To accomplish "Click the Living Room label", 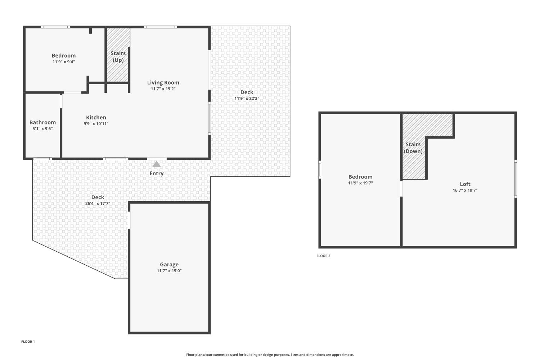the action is tap(163, 82).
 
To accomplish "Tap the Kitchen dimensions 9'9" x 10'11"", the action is tap(96, 124).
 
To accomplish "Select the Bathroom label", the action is tap(42, 122).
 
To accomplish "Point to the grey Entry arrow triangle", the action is tap(157, 164).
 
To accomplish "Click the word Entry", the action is tap(157, 174).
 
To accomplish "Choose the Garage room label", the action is tap(169, 264).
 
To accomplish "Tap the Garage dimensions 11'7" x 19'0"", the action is tap(169, 271).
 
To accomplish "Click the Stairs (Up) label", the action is tap(118, 57).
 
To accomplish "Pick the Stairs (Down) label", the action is tap(413, 148).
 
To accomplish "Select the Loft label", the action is tap(465, 184).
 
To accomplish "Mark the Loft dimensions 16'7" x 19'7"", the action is tap(465, 190).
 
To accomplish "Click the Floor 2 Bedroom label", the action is tap(360, 177).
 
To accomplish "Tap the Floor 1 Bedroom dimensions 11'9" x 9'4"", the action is tap(64, 62).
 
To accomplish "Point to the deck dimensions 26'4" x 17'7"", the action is tap(98, 203).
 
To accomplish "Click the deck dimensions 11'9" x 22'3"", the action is tap(247, 98).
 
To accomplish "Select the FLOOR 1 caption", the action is tap(28, 341).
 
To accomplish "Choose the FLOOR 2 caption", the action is tap(323, 256).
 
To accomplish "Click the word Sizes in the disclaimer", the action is tap(294, 355).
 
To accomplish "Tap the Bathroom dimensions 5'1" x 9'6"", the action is tap(42, 129).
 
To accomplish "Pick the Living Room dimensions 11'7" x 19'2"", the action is tap(163, 89).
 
